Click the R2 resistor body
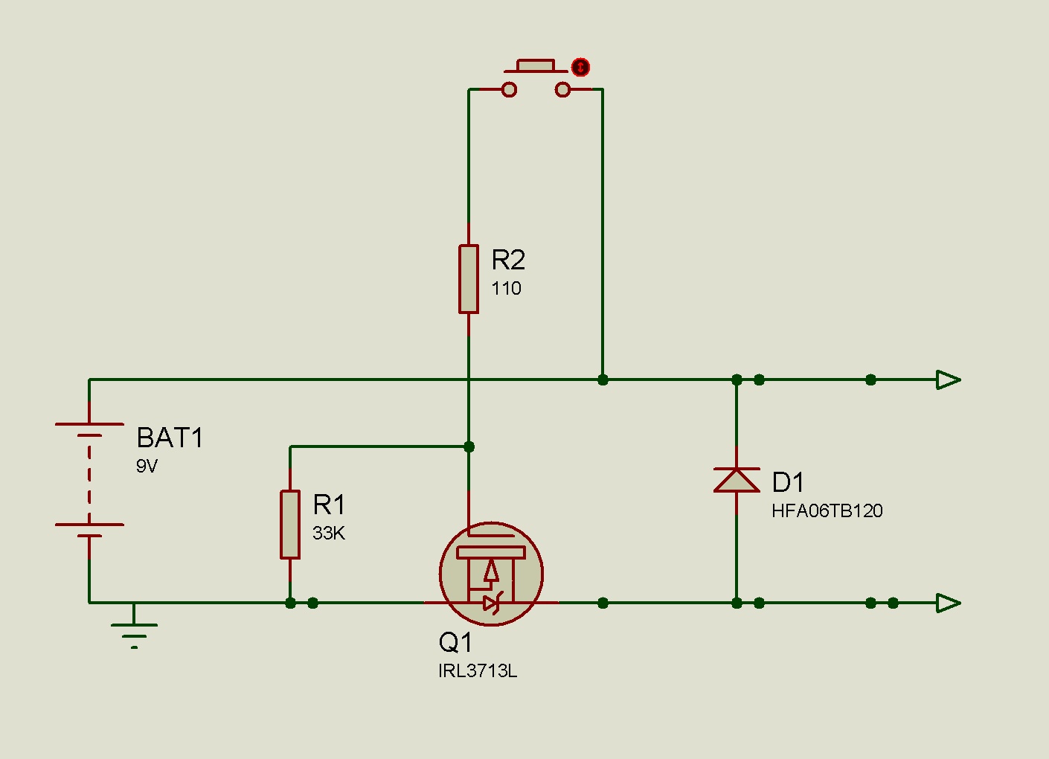click(x=468, y=278)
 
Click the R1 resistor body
click(x=290, y=524)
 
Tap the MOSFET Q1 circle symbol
click(x=491, y=574)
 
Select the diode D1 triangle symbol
click(x=737, y=481)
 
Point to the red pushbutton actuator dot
click(x=580, y=68)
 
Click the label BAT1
click(x=170, y=438)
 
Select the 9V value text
click(x=147, y=467)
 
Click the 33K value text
click(x=328, y=533)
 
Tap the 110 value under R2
click(x=506, y=289)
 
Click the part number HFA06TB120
click(x=827, y=511)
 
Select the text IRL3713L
click(x=477, y=671)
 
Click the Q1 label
click(x=455, y=642)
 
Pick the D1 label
click(x=788, y=483)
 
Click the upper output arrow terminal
click(x=948, y=379)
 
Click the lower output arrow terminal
click(x=948, y=603)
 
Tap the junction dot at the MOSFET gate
click(x=469, y=446)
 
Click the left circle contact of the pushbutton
click(x=509, y=90)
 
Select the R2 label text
click(x=508, y=260)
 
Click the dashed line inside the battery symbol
click(x=89, y=475)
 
